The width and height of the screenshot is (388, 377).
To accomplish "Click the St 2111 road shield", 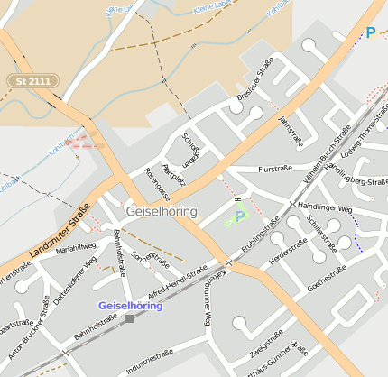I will (x=33, y=81).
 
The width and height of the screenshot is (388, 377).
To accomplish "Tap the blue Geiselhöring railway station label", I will (x=130, y=306).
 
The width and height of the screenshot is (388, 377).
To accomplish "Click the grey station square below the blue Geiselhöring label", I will (x=129, y=318).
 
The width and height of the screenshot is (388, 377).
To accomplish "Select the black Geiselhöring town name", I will (x=162, y=211).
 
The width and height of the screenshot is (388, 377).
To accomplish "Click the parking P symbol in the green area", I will (x=239, y=216).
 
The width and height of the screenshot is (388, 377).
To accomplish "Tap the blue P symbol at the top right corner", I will (x=370, y=33).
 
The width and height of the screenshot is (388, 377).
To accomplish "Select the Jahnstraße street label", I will (x=291, y=131).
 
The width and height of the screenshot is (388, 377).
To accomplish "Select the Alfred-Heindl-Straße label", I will (x=177, y=280).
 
